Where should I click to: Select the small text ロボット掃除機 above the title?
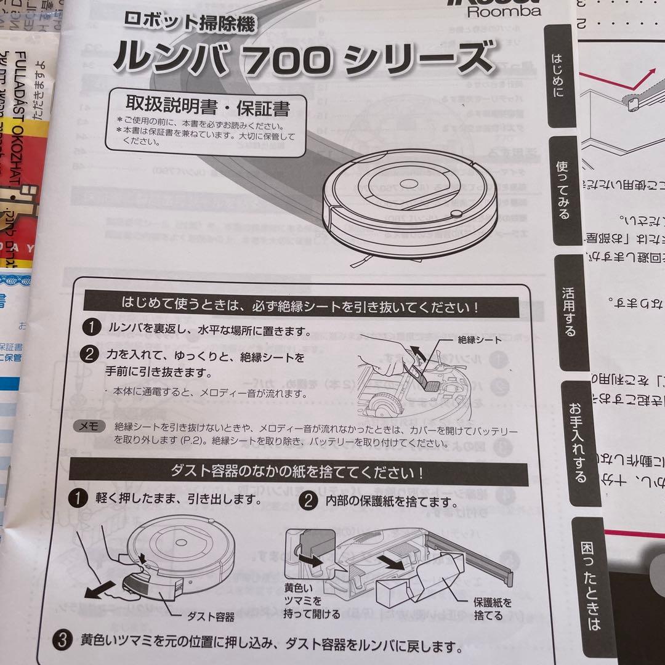pyautogui.click(x=189, y=23)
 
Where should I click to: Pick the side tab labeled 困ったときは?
pyautogui.click(x=592, y=585)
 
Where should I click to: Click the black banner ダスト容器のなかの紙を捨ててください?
pyautogui.click(x=299, y=472)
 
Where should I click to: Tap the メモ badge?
pyautogui.click(x=89, y=426)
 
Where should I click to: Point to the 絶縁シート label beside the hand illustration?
pyautogui.click(x=480, y=339)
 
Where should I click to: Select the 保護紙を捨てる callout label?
pyautogui.click(x=492, y=608)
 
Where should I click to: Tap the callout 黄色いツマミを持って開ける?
pyautogui.click(x=312, y=600)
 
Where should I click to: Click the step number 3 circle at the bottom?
pyautogui.click(x=60, y=640)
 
